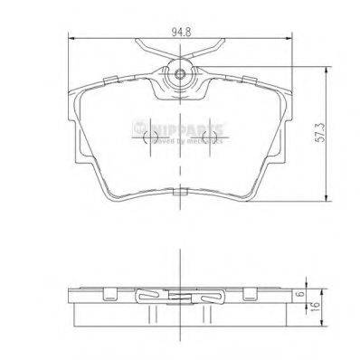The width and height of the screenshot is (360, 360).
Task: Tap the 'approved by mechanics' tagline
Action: (x=190, y=140)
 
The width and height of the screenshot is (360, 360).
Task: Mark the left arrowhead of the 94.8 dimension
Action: (x=73, y=38)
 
